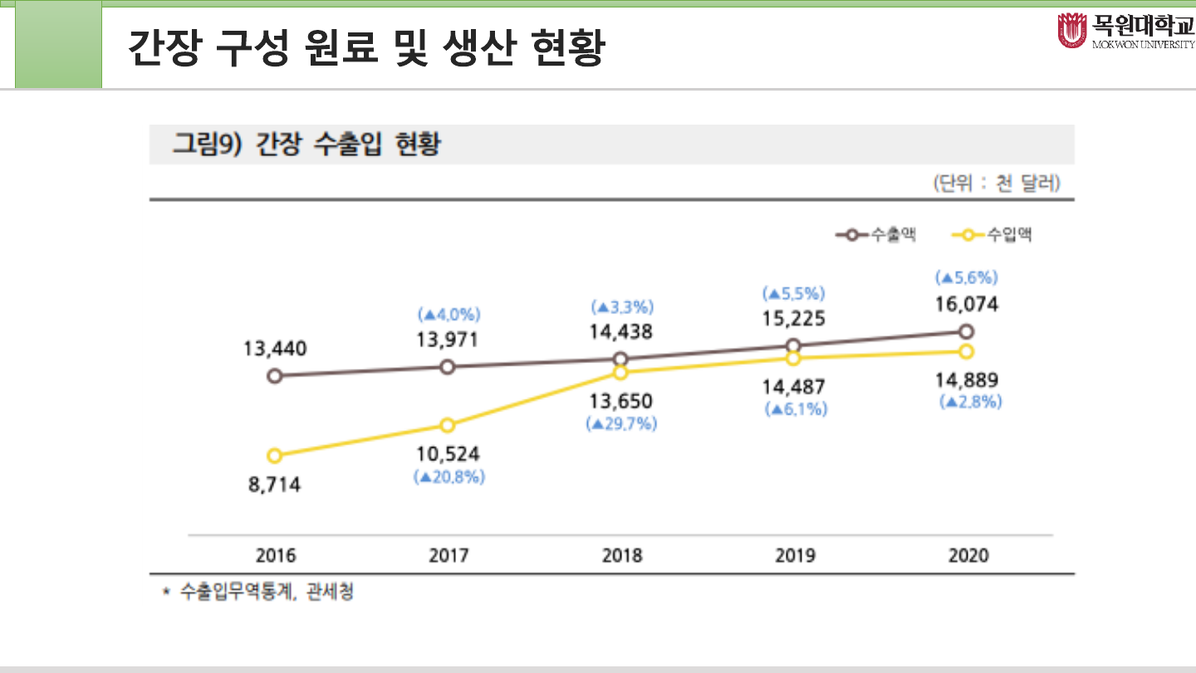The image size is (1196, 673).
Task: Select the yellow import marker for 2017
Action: tap(447, 425)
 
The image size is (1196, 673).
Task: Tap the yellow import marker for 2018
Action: tap(620, 373)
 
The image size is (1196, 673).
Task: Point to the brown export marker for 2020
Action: tap(966, 332)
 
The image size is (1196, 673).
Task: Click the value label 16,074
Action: tap(966, 304)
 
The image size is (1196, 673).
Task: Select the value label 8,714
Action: tap(275, 484)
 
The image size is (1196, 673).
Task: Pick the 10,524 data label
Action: tap(448, 454)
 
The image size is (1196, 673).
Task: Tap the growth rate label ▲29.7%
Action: tap(621, 424)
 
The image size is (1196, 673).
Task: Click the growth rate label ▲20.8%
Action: tap(448, 478)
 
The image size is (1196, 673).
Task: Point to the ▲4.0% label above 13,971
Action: tap(448, 315)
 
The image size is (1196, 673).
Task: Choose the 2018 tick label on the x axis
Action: tap(621, 555)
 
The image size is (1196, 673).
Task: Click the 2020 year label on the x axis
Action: tap(968, 555)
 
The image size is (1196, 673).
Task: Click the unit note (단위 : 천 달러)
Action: tap(996, 183)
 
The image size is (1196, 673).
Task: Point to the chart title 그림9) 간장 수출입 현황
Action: tap(306, 145)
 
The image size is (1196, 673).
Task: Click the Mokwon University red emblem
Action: tap(1071, 31)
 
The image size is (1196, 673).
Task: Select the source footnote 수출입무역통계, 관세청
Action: tap(267, 592)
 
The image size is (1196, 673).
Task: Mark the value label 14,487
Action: tap(794, 386)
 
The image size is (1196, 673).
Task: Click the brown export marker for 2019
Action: tap(793, 346)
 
